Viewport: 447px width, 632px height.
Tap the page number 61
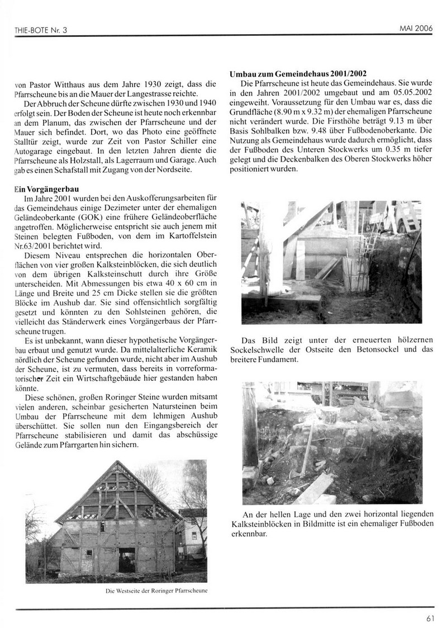(x=430, y=618)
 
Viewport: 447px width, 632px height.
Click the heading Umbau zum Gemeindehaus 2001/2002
(x=298, y=74)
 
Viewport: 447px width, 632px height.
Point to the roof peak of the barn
(x=117, y=462)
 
